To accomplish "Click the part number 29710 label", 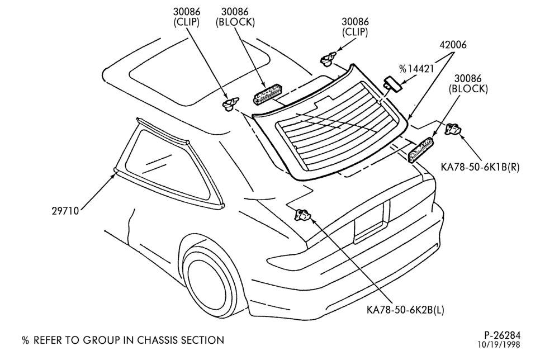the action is [65, 211].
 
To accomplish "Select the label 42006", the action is [453, 45].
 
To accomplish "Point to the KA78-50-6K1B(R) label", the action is [480, 167].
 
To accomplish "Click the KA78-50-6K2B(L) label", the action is [405, 309].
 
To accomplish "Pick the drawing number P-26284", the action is [502, 335].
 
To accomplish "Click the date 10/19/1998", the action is [499, 345].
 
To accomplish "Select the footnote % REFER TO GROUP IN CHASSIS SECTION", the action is [123, 340].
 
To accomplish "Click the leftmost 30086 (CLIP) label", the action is [187, 17].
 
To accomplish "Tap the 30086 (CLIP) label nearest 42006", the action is [355, 27].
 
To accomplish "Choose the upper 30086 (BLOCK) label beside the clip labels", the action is [235, 17].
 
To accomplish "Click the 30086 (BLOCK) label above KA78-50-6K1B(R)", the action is [468, 84].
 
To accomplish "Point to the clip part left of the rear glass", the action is [230, 104].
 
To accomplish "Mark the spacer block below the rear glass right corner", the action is [420, 149].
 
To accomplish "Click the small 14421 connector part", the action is [392, 83].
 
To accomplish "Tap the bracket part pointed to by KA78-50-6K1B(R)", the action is [453, 129].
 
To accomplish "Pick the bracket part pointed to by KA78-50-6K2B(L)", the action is [302, 215].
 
